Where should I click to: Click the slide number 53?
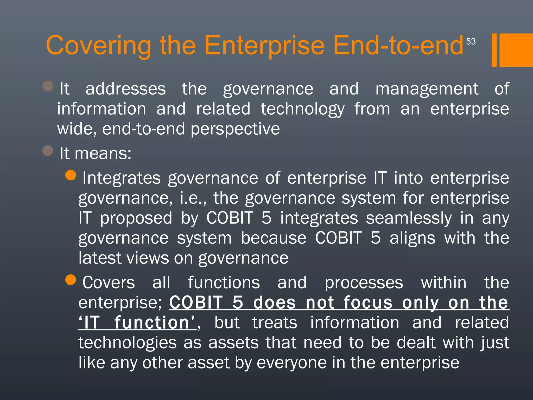pyautogui.click(x=471, y=41)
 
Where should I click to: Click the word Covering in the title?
pyautogui.click(x=98, y=46)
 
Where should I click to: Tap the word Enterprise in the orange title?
pyautogui.click(x=264, y=46)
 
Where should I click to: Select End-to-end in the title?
pyautogui.click(x=398, y=46)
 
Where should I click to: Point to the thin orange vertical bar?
pyautogui.click(x=494, y=50)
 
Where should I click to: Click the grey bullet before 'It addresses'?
pyautogui.click(x=48, y=86)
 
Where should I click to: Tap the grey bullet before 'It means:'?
pyautogui.click(x=48, y=151)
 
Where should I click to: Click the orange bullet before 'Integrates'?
pyautogui.click(x=71, y=175)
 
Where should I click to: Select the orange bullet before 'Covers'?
pyautogui.click(x=71, y=280)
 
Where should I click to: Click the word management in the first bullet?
pyautogui.click(x=427, y=89)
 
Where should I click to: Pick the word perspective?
pyautogui.click(x=235, y=129)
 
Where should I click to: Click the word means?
pyautogui.click(x=103, y=153)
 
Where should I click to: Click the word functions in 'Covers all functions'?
pyautogui.click(x=224, y=283)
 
